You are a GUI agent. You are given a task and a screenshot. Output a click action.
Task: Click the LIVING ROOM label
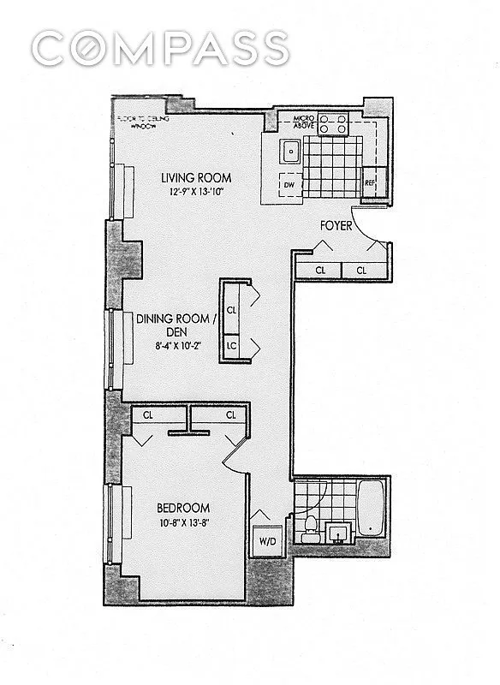click(197, 178)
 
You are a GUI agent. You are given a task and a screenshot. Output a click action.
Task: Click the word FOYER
click(336, 227)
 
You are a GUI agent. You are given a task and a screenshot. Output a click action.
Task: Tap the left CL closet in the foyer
click(320, 270)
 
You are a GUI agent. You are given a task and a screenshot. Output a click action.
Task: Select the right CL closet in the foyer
click(361, 270)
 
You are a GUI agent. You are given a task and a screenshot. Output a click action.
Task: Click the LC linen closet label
click(232, 345)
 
